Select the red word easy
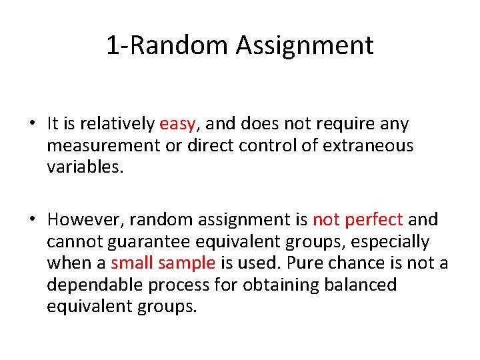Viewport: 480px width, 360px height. (177, 124)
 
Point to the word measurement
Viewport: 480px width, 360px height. (104, 145)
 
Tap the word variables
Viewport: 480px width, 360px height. (85, 167)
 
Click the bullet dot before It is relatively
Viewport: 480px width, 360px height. (32, 125)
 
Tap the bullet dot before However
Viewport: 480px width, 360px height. (32, 220)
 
